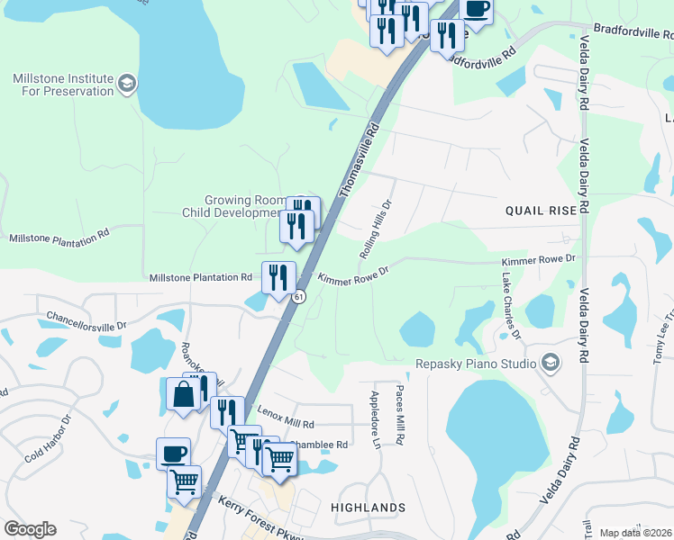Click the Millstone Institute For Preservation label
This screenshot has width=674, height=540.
[x=63, y=85]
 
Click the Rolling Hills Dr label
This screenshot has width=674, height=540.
[x=378, y=229]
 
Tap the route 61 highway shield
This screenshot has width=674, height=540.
[x=298, y=297]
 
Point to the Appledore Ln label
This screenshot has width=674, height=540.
[x=375, y=419]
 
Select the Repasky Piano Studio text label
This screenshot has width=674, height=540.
[x=475, y=364]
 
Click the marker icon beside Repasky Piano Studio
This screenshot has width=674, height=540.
[x=549, y=363]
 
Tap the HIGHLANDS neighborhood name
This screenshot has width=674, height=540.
[x=368, y=508]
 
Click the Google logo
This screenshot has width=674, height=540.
[x=30, y=529]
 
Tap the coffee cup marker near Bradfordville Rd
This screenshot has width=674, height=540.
[x=476, y=9]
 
